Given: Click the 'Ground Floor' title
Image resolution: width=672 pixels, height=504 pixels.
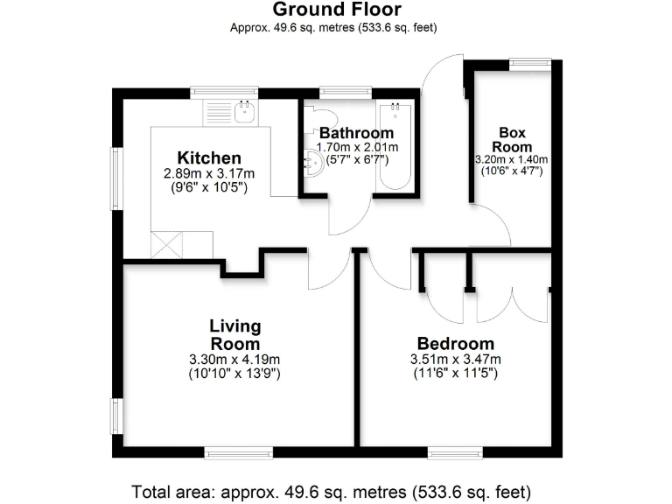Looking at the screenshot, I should pos(337,10).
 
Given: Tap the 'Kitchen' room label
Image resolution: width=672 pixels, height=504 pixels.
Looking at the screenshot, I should pos(209,157).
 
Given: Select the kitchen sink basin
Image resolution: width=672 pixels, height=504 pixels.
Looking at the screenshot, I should pos(245,110).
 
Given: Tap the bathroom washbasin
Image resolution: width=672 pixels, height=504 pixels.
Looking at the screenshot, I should pos(312,159).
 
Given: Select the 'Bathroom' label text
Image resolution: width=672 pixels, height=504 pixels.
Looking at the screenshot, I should pos(356,133).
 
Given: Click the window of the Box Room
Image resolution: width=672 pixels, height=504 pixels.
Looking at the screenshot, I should pos(530,62).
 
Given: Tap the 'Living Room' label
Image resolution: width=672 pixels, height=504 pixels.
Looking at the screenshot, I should pos(234,335).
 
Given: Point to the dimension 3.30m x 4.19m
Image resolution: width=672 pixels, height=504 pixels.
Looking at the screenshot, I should pos(234,360).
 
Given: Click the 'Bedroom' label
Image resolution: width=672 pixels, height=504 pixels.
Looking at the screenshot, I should pos(455,343).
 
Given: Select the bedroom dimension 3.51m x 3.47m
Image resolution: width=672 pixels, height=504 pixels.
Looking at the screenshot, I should pos(455,360).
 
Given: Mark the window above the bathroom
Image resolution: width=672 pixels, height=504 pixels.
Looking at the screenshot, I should pos(346,90).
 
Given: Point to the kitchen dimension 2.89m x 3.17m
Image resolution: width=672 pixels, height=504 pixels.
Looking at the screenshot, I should pos(209,174).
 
